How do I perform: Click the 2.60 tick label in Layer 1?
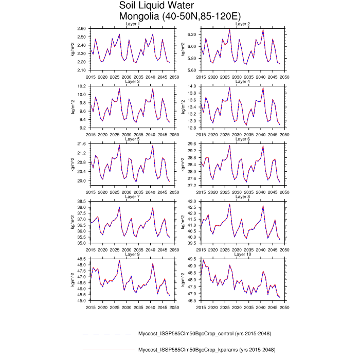click(82, 28)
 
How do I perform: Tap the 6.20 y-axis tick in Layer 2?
click(192, 34)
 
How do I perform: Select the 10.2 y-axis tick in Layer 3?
click(83, 86)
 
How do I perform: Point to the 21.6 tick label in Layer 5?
click(83, 143)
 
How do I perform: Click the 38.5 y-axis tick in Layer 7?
click(83, 201)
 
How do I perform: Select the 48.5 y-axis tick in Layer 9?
click(83, 259)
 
